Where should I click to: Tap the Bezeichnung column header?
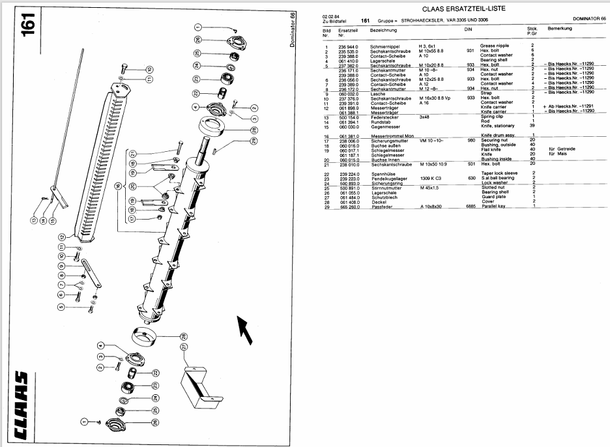(x=383, y=30)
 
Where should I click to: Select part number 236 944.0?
(x=349, y=46)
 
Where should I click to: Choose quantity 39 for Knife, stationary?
(x=533, y=125)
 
